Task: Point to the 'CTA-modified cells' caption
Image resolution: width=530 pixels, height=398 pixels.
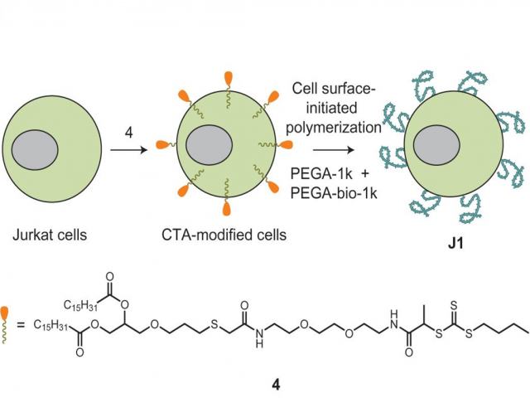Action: click(x=224, y=235)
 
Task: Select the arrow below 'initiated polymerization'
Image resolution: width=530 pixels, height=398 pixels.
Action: click(x=324, y=150)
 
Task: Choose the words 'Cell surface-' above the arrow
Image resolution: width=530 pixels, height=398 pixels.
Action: click(x=335, y=89)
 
